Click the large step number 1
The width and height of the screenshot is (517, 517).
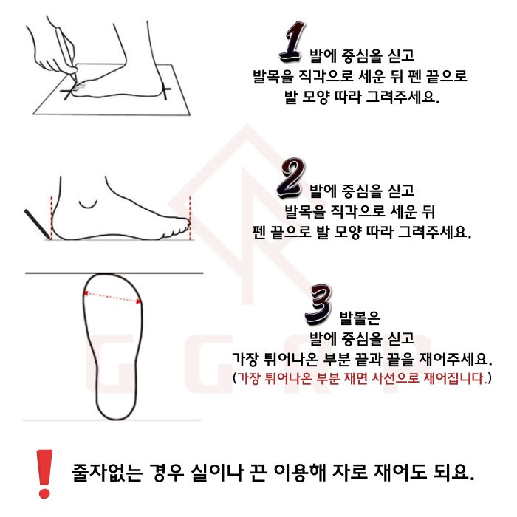click(292, 42)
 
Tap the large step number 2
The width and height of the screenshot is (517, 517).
click(291, 178)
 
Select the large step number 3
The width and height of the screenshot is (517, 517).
click(318, 304)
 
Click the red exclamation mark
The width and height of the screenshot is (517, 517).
click(44, 473)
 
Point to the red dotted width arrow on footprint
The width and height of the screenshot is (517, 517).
click(112, 297)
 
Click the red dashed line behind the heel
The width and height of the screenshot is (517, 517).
click(52, 218)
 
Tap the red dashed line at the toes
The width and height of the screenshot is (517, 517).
click(191, 219)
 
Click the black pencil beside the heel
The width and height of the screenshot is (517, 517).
click(37, 225)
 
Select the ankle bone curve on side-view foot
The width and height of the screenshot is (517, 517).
click(88, 205)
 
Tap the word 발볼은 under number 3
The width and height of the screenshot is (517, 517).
click(360, 317)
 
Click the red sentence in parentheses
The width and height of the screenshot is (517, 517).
click(362, 378)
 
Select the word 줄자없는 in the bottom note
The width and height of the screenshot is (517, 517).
click(107, 473)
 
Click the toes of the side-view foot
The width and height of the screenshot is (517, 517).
click(176, 227)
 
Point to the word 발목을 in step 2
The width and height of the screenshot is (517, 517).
click(304, 211)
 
